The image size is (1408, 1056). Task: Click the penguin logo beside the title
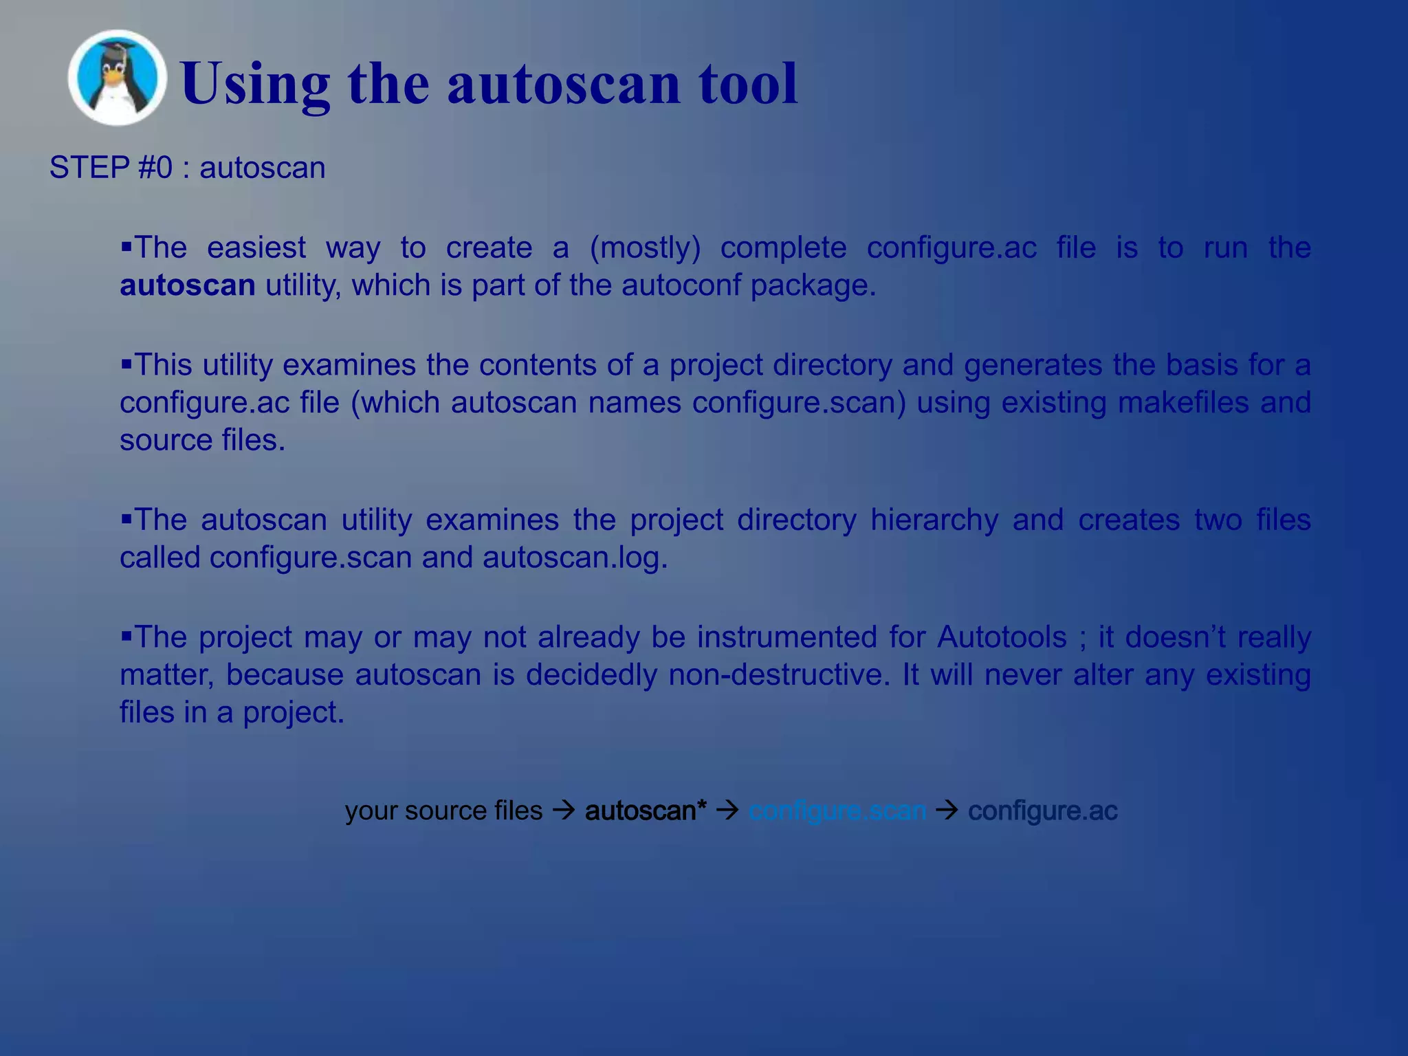coord(117,78)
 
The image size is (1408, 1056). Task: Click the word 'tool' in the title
coord(748,83)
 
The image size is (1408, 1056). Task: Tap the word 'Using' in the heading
coord(255,83)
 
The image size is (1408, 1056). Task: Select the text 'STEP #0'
coord(111,168)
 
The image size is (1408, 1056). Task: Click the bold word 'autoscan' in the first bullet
coord(188,285)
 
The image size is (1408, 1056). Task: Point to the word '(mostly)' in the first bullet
coord(645,247)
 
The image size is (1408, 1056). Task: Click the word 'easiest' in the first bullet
coord(256,247)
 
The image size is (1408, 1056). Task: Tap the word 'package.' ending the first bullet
coord(813,285)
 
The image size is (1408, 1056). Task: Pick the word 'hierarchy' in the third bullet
coord(934,520)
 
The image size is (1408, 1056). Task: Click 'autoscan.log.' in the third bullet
coord(575,558)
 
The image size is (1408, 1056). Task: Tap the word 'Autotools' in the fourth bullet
coord(1002,637)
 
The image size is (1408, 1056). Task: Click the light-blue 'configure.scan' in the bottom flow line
coord(837,811)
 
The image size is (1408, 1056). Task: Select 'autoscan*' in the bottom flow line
coord(646,811)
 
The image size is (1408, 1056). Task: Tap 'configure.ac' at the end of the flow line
coord(1043,811)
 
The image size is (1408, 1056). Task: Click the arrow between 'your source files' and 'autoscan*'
coord(564,811)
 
